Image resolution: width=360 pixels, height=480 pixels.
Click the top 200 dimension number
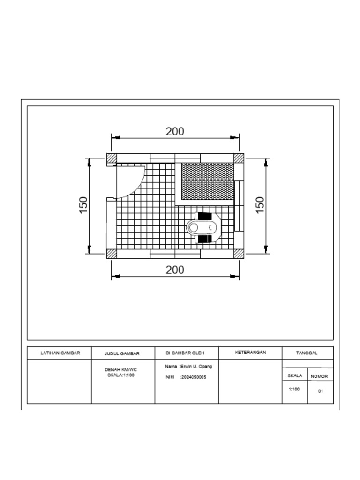coord(175,132)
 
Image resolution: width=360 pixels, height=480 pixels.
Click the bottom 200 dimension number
coord(175,270)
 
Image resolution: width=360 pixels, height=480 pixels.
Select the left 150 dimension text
coord(83,205)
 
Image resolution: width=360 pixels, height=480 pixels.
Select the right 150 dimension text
coord(260,205)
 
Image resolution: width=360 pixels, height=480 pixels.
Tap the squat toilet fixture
coord(203,228)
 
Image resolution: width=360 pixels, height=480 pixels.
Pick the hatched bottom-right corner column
coord(239,254)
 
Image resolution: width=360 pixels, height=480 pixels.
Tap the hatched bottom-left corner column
coord(112,254)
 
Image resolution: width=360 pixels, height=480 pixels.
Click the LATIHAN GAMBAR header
coord(60,352)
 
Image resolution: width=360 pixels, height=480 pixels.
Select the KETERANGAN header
coord(250,352)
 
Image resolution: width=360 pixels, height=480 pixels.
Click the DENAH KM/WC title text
coord(121,369)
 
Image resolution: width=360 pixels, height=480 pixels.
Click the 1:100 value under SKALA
coord(294,389)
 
